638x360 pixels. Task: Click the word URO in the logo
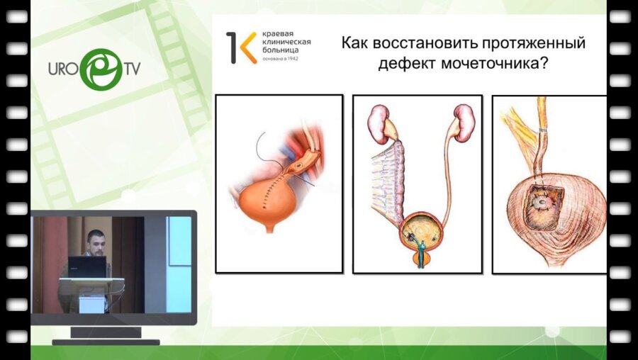click(65, 69)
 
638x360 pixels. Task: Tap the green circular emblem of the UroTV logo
click(101, 69)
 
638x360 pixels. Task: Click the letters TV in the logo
click(132, 68)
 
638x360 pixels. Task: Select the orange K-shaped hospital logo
click(242, 47)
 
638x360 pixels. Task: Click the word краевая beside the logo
click(278, 34)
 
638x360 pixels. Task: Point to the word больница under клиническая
click(280, 50)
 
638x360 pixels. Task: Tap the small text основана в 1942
click(280, 59)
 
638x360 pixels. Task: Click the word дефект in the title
click(407, 64)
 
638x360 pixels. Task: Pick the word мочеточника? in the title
click(493, 64)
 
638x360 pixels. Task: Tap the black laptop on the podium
click(87, 267)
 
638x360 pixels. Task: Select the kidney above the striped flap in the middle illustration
click(379, 124)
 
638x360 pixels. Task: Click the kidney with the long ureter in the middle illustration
click(464, 123)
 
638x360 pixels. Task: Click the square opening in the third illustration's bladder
click(542, 207)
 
